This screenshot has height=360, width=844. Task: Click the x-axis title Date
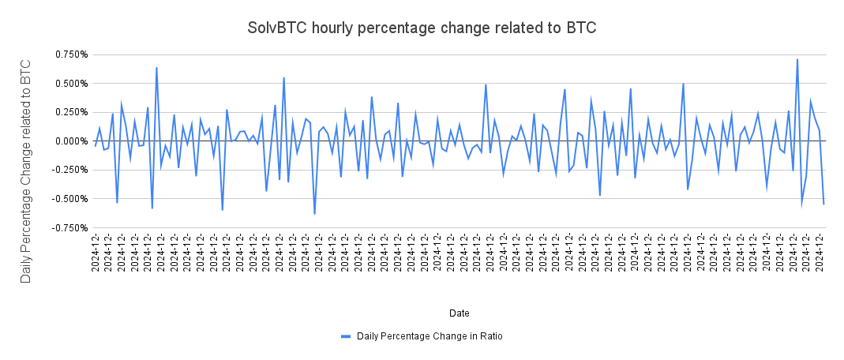460,313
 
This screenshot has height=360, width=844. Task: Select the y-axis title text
26,170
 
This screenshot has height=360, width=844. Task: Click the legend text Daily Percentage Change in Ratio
430,336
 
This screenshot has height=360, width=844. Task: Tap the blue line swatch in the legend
345,336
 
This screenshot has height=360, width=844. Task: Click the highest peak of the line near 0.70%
797,59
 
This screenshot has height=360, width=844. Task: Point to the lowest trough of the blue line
314,214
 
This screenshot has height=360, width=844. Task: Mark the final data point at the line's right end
823,204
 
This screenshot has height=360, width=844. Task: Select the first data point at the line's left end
95,146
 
